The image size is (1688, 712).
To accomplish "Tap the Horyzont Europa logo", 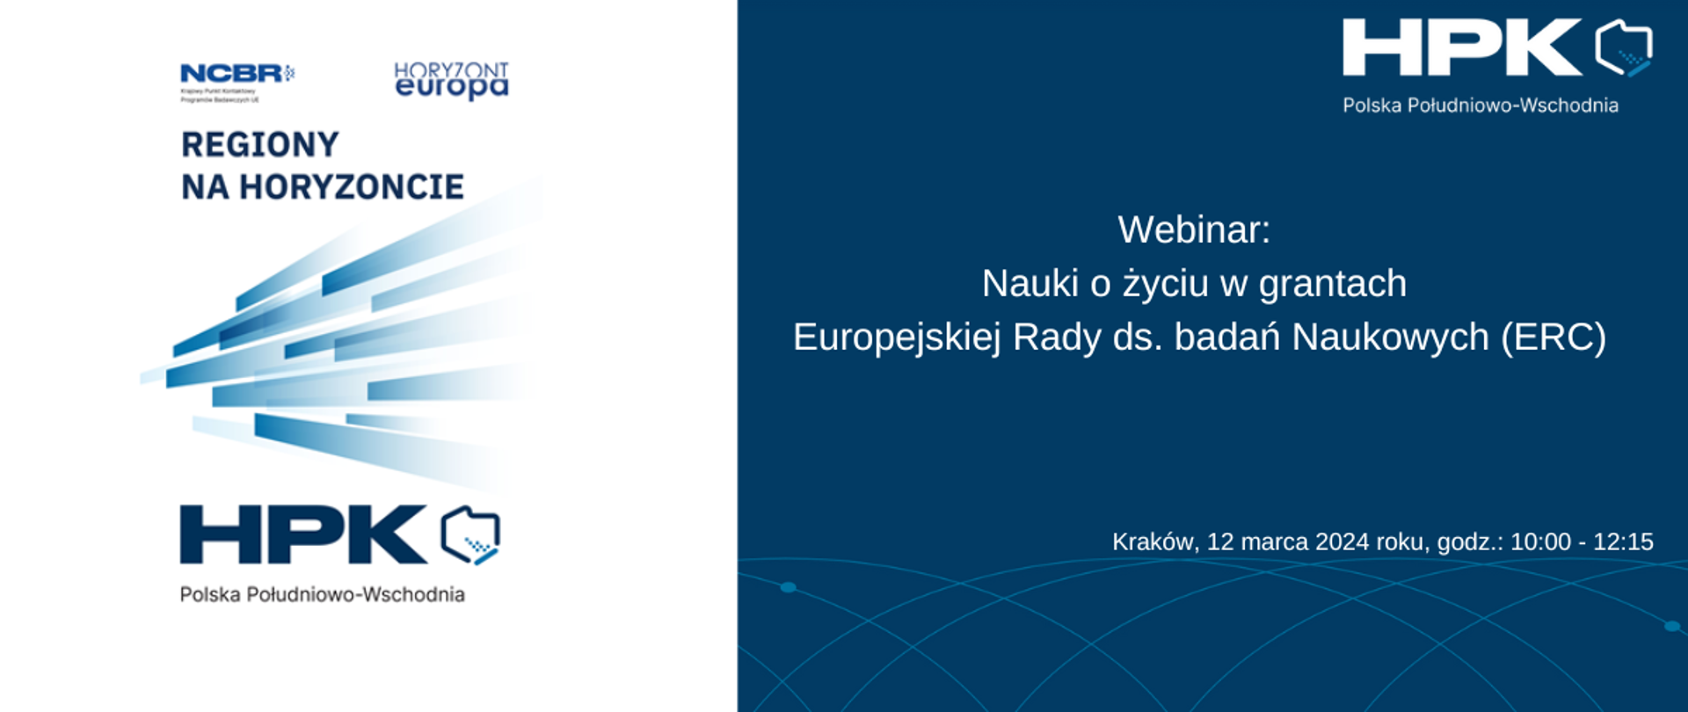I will point(451,80).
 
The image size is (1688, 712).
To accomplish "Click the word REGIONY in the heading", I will point(260,145).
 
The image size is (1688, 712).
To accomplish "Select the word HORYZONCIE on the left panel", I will point(352,187).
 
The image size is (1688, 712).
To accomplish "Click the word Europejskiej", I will point(897,338).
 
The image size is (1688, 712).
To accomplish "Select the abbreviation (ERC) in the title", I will point(1553,338).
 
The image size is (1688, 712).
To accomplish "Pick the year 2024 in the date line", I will point(1342,542).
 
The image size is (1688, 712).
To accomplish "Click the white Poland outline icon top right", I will point(1624,47).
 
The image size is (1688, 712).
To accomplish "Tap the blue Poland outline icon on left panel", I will point(470,534).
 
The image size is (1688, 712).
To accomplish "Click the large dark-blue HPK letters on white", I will point(303,534).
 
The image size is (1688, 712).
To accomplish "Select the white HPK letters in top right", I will point(1461,47).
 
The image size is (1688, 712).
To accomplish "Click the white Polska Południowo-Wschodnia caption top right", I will point(1480,106).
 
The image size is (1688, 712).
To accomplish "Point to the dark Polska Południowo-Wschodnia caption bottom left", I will point(322,595).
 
